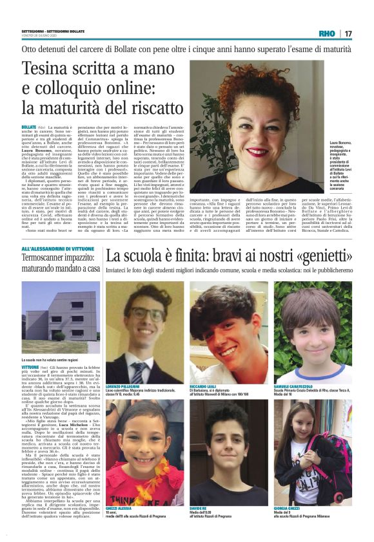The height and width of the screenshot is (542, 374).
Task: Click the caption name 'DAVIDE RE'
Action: tap(198, 507)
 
